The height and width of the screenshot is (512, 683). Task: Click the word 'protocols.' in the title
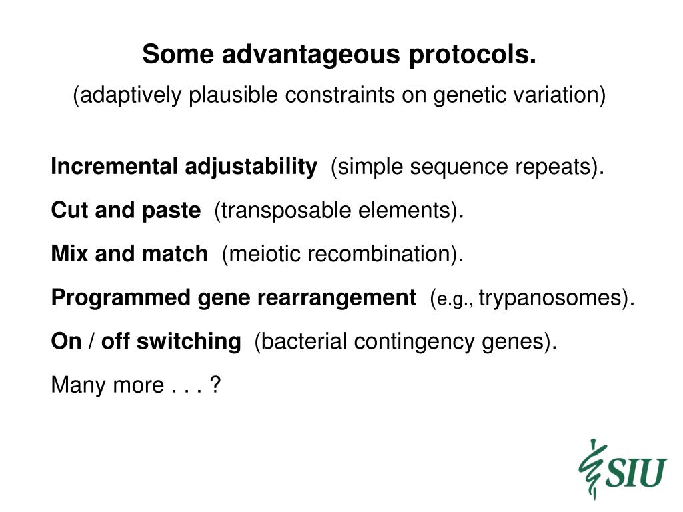pos(472,55)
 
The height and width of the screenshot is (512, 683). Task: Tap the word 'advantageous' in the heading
pos(311,55)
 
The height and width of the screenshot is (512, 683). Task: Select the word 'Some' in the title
pos(178,54)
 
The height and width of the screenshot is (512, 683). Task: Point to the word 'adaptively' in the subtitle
pos(127,95)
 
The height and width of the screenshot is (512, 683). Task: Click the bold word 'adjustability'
pos(251,167)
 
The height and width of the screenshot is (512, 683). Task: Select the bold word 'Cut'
pos(69,210)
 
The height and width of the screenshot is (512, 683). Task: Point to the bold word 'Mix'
pos(69,253)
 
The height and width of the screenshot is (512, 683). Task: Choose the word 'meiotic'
pos(261,254)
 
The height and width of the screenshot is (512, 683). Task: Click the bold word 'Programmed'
pos(121,298)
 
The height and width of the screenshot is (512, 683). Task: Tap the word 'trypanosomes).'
pos(557,299)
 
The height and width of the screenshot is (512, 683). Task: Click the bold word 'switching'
pos(189,342)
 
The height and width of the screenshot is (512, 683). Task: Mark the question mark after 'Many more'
pos(215,385)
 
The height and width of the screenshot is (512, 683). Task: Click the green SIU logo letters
pos(636,473)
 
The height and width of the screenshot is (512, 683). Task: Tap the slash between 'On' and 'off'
pos(91,341)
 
